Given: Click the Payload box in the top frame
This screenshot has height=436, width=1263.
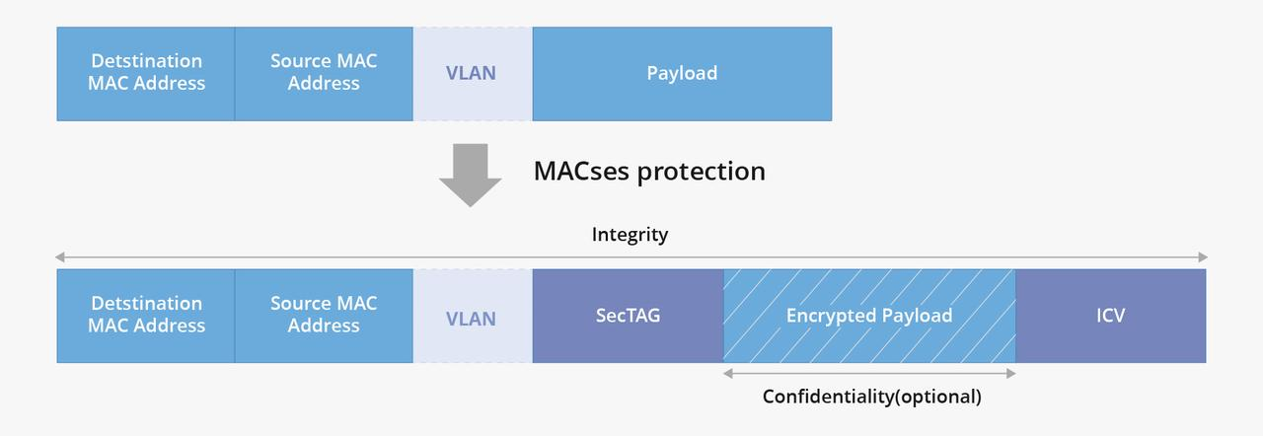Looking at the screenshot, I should [682, 74].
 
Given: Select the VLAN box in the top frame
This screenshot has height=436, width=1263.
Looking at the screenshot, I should [472, 74].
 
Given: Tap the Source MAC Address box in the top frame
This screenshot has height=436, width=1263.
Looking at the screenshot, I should [324, 74].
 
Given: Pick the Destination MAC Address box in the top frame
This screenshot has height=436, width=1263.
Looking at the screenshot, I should [146, 74].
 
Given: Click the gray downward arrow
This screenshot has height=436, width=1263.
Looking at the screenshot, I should [470, 175].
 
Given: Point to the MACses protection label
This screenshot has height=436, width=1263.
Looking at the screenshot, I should [648, 171].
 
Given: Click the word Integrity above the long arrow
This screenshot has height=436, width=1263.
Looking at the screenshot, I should [630, 235].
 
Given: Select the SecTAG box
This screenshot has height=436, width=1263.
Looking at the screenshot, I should [628, 316].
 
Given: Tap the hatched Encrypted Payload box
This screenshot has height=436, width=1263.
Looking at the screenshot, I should [869, 316].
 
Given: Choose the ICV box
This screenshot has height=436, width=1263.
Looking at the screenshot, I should [1110, 316].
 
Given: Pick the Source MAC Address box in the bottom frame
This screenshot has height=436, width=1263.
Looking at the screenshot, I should [324, 316].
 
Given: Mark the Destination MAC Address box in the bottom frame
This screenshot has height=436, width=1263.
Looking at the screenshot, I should [146, 316].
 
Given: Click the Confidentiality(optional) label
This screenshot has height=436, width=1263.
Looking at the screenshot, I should [871, 397].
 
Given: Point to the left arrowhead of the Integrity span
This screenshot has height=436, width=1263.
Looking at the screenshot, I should [61, 257].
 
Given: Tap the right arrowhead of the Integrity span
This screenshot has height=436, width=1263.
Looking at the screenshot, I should [1202, 257].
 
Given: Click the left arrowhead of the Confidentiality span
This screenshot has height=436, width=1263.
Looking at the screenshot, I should [728, 374].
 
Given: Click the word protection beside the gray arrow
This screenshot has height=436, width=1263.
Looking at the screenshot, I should [702, 172].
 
